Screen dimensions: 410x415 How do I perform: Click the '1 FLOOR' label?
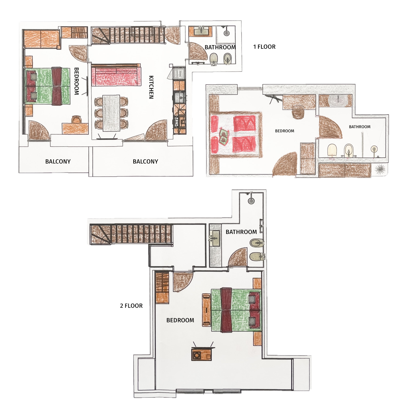tap(264, 47)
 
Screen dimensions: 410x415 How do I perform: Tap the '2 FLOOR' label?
tap(131, 306)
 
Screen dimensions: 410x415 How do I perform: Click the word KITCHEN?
tap(151, 87)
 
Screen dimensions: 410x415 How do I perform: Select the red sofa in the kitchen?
tap(116, 75)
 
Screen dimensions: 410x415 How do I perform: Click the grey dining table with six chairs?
tap(111, 113)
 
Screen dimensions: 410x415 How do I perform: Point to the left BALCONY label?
tap(58, 162)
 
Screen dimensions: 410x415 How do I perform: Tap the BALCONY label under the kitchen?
tap(145, 162)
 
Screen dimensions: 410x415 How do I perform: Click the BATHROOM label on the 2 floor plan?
tap(241, 232)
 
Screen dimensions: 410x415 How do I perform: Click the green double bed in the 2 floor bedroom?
tap(236, 310)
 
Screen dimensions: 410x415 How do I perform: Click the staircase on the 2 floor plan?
tap(131, 234)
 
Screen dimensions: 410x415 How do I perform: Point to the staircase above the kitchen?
tap(128, 35)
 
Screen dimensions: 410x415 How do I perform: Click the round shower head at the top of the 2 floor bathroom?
tap(251, 201)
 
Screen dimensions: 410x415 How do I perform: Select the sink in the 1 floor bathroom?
tap(201, 31)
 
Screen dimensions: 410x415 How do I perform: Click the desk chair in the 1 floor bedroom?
tap(77, 120)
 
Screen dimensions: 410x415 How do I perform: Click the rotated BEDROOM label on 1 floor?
tap(76, 81)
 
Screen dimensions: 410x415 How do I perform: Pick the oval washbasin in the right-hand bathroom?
tap(338, 101)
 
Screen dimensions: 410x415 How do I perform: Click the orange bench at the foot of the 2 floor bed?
tap(206, 310)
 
